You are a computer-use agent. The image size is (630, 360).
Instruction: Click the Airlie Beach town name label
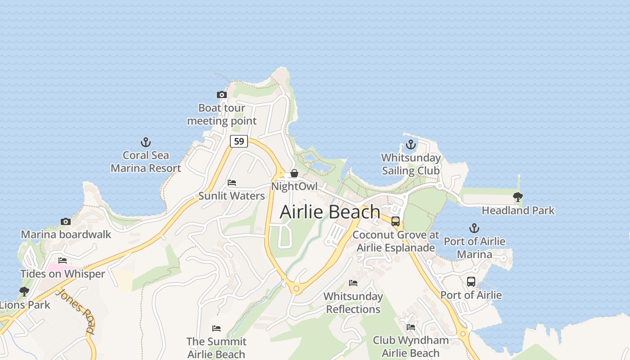330,212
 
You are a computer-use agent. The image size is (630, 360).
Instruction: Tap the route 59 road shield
239,141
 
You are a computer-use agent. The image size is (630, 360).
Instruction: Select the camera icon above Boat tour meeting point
221,94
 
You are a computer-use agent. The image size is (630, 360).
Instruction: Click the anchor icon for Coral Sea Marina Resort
145,143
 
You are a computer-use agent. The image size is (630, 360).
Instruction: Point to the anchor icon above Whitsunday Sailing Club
410,144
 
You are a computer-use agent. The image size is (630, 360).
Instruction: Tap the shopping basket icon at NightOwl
294,173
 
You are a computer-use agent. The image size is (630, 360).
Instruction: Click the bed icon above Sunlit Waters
232,183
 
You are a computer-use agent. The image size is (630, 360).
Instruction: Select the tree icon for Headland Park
518,197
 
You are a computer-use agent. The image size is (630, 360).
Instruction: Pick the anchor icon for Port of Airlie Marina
474,228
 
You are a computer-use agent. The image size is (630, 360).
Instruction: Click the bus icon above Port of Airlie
471,282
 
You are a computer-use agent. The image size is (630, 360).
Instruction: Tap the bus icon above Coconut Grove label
396,221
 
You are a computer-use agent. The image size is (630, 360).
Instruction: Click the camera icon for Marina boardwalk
66,221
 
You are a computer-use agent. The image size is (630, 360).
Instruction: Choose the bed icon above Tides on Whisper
63,261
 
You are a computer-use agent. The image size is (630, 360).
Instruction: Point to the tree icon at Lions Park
24,292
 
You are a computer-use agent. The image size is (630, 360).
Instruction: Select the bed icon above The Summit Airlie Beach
216,328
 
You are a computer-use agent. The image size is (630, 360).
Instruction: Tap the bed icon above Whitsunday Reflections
353,283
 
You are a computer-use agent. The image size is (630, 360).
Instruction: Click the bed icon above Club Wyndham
411,327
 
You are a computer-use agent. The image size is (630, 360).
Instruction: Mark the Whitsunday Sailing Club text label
411,164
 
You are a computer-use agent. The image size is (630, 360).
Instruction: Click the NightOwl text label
294,186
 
